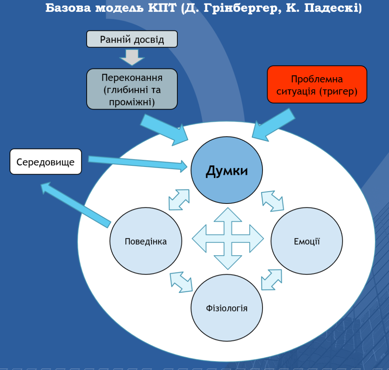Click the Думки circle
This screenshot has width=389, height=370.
[227, 170]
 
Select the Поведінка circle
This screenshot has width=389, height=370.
[146, 241]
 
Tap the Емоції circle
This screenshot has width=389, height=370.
[307, 241]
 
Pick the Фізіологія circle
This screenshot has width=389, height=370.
[227, 308]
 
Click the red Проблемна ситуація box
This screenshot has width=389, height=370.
[317, 84]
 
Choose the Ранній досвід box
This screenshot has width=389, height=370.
[132, 39]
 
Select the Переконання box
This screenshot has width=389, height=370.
[132, 89]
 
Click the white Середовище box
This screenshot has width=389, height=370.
[46, 162]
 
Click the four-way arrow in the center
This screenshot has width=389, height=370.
[228, 239]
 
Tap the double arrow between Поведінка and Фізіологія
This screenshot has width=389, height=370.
[181, 282]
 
